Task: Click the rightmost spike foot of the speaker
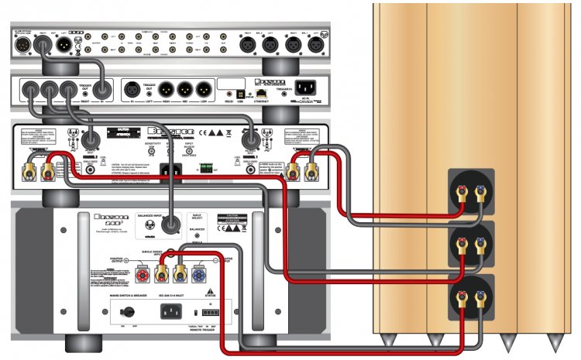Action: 555,341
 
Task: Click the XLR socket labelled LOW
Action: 204,88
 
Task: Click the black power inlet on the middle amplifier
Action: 165,168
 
